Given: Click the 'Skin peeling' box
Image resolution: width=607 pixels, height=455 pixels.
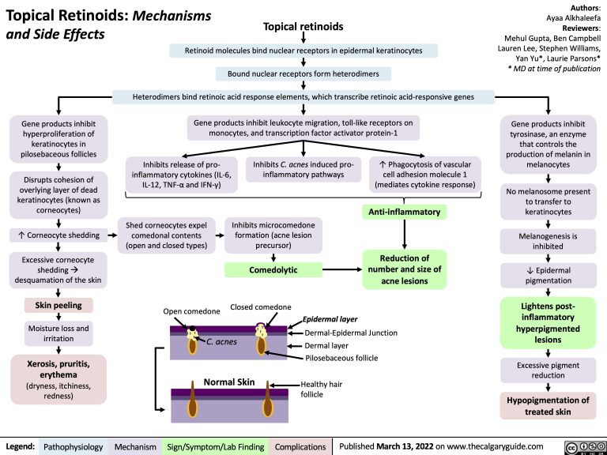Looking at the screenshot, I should click(59, 306).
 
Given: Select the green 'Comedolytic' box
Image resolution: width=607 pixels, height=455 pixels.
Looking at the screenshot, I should click(273, 270).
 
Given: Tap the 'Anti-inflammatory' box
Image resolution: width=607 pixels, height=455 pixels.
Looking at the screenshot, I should click(404, 212).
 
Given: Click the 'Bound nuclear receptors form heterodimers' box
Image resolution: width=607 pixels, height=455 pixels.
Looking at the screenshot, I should click(303, 75).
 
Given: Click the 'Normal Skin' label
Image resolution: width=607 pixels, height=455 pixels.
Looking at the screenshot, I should click(229, 382).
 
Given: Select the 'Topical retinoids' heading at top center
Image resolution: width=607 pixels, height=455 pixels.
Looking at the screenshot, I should click(303, 28).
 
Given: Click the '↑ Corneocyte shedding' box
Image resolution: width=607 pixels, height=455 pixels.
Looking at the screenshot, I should click(58, 235).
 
